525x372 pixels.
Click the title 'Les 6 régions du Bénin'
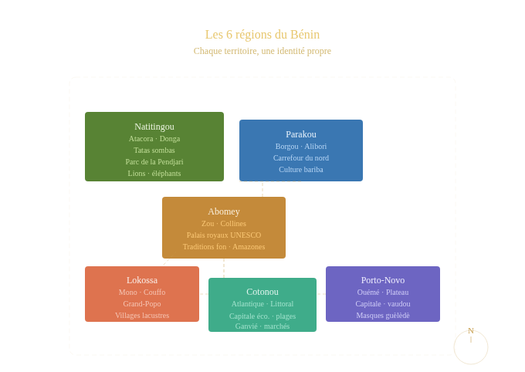262,35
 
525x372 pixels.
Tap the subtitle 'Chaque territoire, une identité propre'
262,51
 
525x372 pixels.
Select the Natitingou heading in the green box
154,127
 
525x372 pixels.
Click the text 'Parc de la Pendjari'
154,162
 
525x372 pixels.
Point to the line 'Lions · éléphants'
154,174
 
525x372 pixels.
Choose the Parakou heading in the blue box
301,134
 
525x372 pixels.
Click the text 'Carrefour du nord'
301,158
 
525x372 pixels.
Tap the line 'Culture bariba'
301,170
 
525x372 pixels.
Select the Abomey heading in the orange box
224,211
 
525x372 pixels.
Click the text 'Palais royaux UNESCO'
224,235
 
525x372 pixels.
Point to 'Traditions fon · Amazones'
224,247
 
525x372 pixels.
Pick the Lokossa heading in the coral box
142,280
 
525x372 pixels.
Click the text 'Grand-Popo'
142,304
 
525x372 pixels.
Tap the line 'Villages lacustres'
142,316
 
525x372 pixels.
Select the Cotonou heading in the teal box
262,292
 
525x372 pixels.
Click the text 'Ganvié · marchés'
262,326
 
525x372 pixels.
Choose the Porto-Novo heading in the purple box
383,280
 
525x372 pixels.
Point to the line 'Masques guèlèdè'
383,316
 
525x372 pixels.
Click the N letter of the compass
471,330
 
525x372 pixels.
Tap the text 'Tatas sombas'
154,150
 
